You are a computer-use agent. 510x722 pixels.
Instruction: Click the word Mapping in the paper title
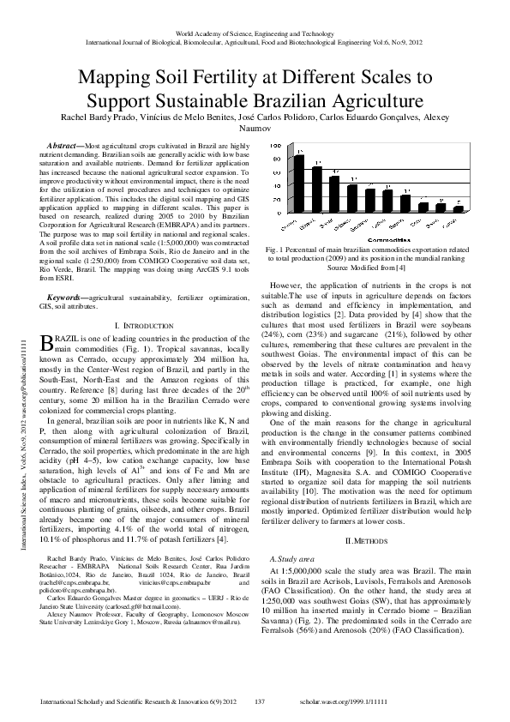point(117,78)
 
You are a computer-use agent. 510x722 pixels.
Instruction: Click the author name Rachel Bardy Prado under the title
point(98,116)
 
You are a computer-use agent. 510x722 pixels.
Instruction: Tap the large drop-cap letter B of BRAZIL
point(47,343)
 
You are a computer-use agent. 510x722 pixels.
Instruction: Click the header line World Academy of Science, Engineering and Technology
point(255,33)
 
